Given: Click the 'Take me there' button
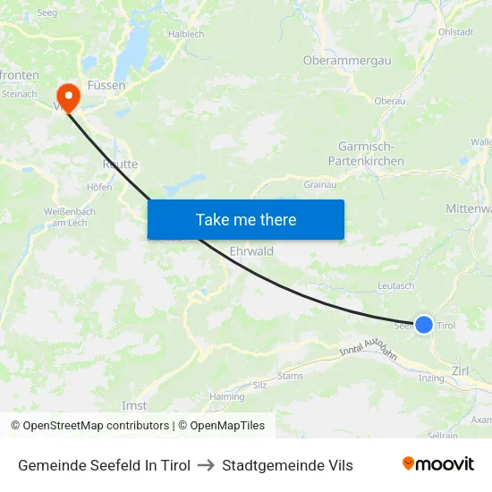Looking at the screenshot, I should pos(246,219).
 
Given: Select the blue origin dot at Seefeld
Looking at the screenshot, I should pos(424,325).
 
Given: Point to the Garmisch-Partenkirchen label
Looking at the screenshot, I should pos(371,154).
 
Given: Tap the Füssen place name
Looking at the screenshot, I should pos(106,85).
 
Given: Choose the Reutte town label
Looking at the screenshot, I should pos(119,165).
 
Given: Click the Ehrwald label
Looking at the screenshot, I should pos(251,251).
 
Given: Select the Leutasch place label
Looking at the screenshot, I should pos(397,285).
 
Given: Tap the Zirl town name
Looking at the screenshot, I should pos(462,369).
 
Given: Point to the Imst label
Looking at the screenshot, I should pos(134,405).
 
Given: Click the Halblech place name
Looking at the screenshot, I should pos(186,34).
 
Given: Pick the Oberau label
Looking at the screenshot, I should pos(390,101).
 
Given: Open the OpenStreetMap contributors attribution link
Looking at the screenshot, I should pos(90,426).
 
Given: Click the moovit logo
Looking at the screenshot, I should pos(438,464).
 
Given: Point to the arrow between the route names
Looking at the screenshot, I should pos(206,465).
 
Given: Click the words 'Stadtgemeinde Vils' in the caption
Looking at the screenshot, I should pos(287,465).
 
